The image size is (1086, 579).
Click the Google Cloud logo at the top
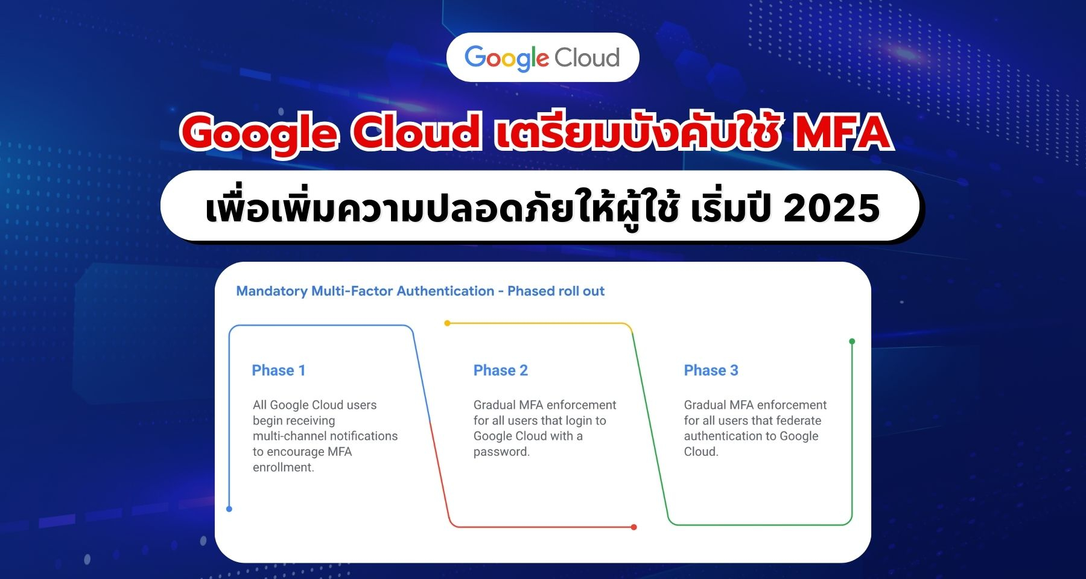coord(542,58)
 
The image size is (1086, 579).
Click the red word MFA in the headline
coord(842,132)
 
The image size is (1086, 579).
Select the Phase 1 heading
coord(279,370)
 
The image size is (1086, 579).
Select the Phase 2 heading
coord(501,370)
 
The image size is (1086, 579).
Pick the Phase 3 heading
coord(711,370)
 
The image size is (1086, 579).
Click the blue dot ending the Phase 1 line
coord(229,509)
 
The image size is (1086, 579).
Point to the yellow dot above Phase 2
coord(447,323)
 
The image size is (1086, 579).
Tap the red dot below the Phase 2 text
coord(634,527)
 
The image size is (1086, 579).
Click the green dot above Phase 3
coord(852,341)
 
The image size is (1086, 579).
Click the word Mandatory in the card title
coord(272,291)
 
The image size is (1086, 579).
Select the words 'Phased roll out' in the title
coord(556,291)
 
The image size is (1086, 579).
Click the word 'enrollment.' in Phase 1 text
coord(284,467)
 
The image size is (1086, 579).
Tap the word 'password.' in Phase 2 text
coord(501,452)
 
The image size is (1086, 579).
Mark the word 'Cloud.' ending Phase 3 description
coord(701,452)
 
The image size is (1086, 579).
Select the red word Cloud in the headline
coord(416,132)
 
